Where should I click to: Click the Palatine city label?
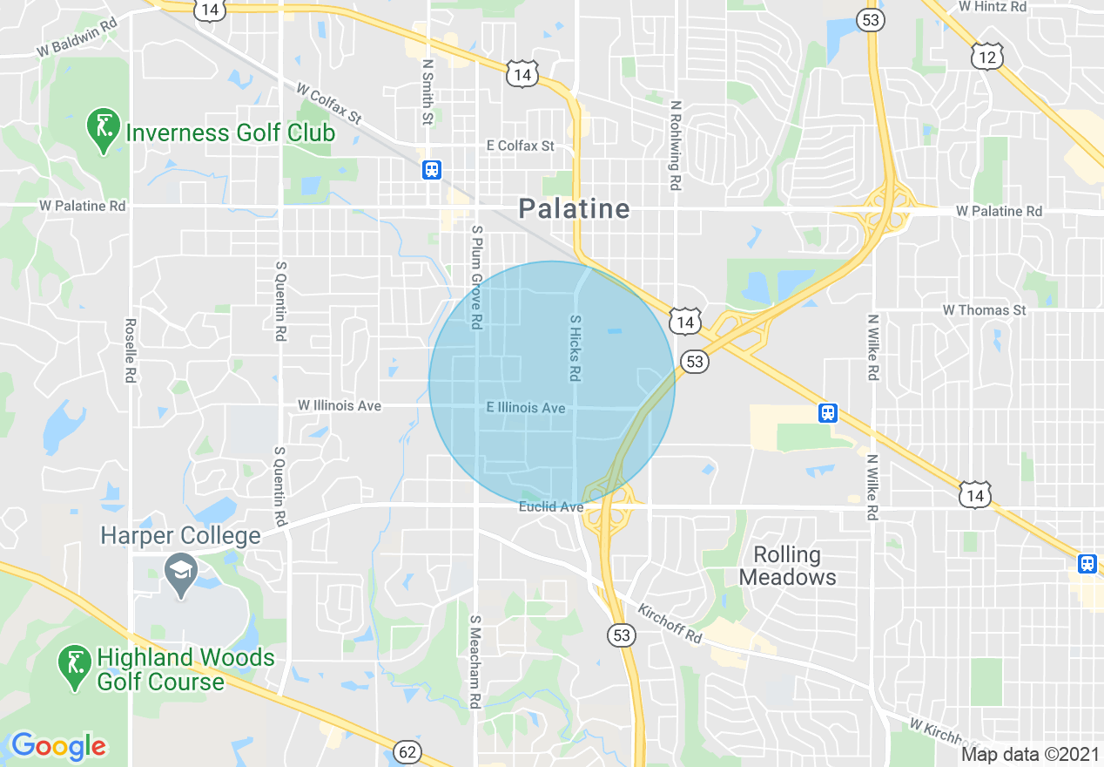(x=573, y=209)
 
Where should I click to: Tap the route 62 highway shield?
(x=407, y=751)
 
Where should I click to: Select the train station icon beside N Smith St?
(x=431, y=169)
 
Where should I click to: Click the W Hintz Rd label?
(x=992, y=7)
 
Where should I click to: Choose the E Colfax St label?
(x=520, y=146)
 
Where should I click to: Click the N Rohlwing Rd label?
(x=675, y=145)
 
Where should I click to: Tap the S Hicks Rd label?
(x=575, y=348)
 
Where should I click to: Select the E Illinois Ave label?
(x=526, y=408)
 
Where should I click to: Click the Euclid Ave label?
(x=551, y=506)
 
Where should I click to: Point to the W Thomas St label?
(x=984, y=310)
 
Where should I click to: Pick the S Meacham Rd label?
(x=475, y=662)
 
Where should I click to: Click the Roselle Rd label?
(x=131, y=349)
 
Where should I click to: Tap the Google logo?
(x=58, y=746)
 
